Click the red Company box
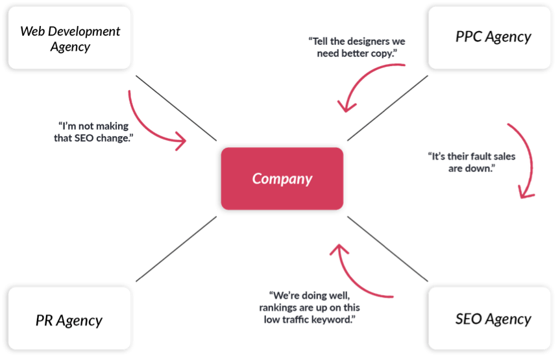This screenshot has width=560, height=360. (282, 178)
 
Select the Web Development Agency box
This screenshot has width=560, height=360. (69, 38)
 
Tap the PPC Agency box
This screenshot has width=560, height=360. (490, 38)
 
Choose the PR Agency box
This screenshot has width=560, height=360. (69, 318)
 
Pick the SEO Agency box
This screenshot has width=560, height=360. (490, 318)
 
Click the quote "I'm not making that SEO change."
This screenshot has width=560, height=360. (93, 132)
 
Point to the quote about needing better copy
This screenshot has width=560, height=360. (357, 47)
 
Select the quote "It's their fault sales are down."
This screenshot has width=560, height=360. (472, 162)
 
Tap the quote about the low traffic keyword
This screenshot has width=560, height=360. (310, 307)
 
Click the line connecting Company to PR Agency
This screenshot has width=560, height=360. (176, 249)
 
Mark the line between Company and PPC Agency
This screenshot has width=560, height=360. (387, 108)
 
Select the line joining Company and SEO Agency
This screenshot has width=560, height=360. (387, 249)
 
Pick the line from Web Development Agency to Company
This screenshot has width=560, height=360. (176, 108)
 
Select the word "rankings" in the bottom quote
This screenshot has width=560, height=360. (278, 307)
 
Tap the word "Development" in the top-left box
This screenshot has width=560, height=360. (84, 31)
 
